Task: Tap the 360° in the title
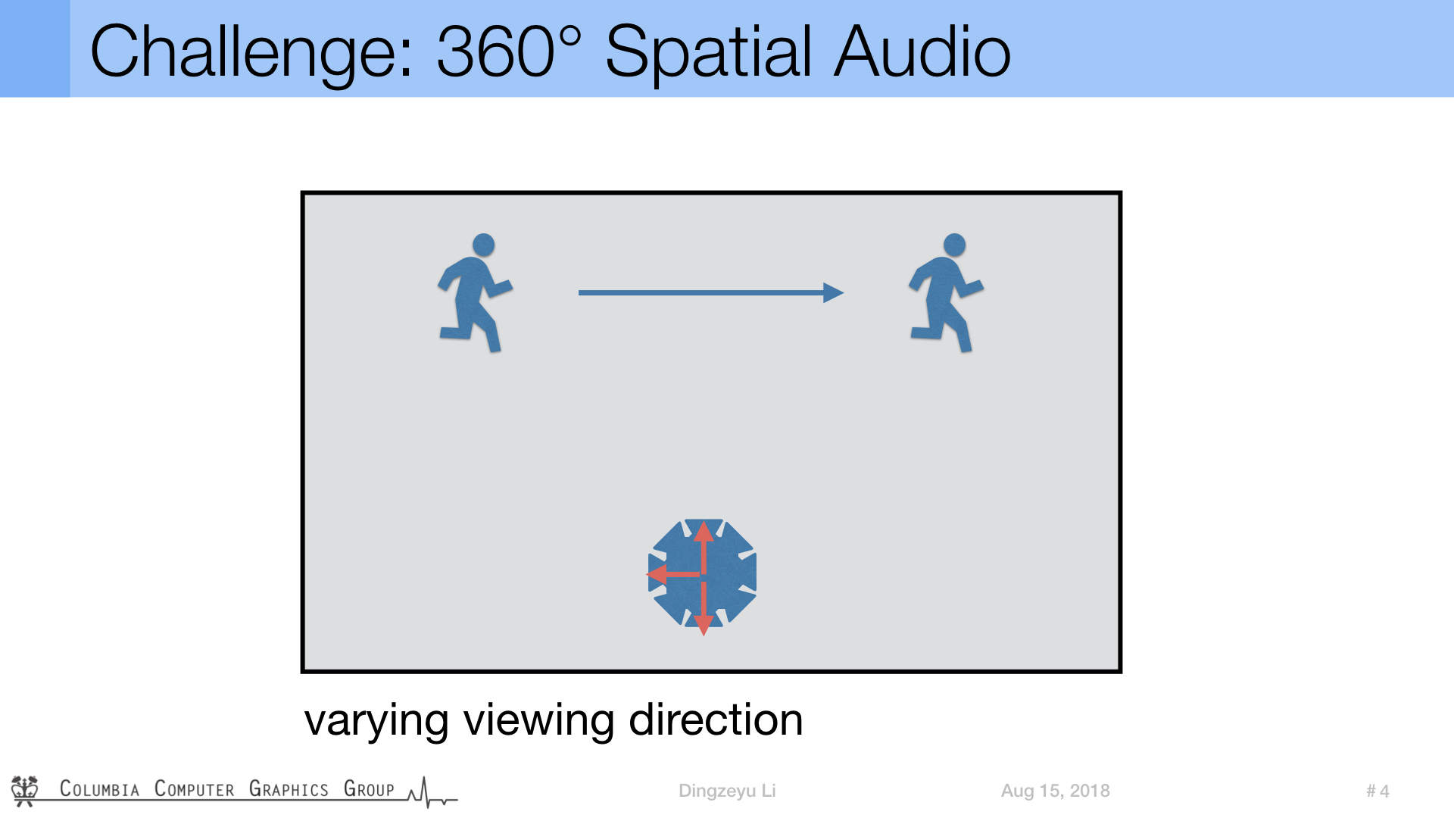(510, 51)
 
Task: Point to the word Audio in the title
(922, 51)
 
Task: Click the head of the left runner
(483, 245)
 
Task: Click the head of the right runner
(954, 245)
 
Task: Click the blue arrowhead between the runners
(833, 292)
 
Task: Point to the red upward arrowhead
(704, 532)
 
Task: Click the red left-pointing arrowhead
(657, 574)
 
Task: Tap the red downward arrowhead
(704, 625)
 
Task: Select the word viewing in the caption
(539, 721)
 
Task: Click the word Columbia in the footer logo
(100, 788)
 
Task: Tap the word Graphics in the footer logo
(289, 788)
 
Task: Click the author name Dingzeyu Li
(727, 791)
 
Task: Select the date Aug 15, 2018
(1055, 791)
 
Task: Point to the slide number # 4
(1378, 791)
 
